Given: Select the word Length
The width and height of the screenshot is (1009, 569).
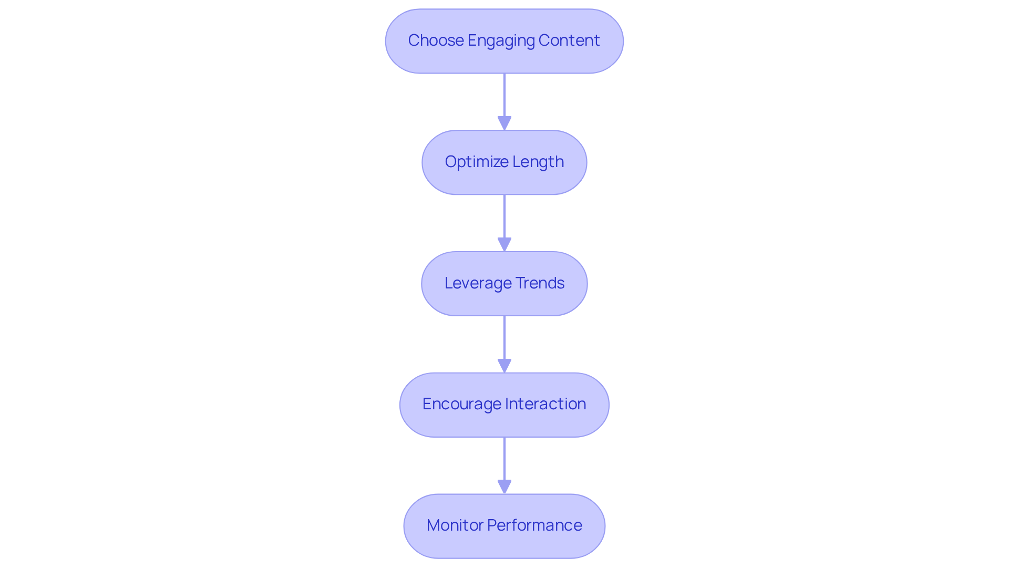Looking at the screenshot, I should pyautogui.click(x=538, y=162).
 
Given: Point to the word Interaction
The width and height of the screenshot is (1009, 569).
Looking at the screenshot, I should pyautogui.click(x=545, y=404).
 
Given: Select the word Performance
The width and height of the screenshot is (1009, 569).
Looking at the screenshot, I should pyautogui.click(x=534, y=525).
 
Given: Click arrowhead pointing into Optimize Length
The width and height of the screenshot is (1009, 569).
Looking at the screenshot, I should pyautogui.click(x=504, y=123).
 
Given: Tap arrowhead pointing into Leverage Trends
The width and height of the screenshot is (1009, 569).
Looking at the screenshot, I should pyautogui.click(x=504, y=244).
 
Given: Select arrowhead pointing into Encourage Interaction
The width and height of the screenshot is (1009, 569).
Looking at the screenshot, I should pyautogui.click(x=504, y=366).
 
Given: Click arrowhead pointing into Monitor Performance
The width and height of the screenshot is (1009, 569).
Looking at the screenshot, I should pyautogui.click(x=504, y=487).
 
